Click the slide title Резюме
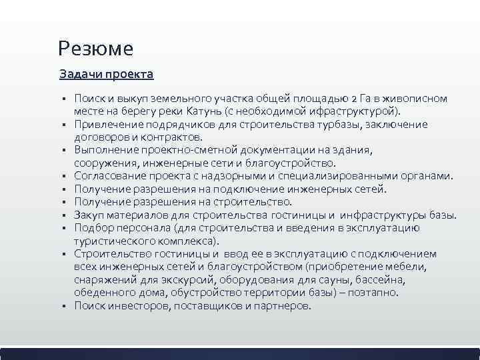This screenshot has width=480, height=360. [95, 48]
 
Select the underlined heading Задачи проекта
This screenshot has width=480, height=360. [106, 73]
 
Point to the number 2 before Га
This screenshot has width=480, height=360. [353, 98]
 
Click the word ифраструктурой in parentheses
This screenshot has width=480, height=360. [359, 110]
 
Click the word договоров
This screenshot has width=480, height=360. [101, 136]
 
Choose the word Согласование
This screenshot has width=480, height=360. [108, 175]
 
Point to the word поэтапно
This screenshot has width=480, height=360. [374, 292]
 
